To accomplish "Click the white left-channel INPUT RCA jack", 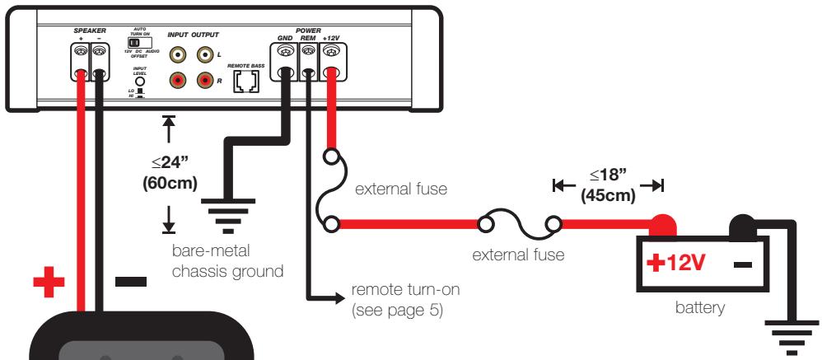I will click(177, 56).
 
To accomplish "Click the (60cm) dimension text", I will click(170, 182).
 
